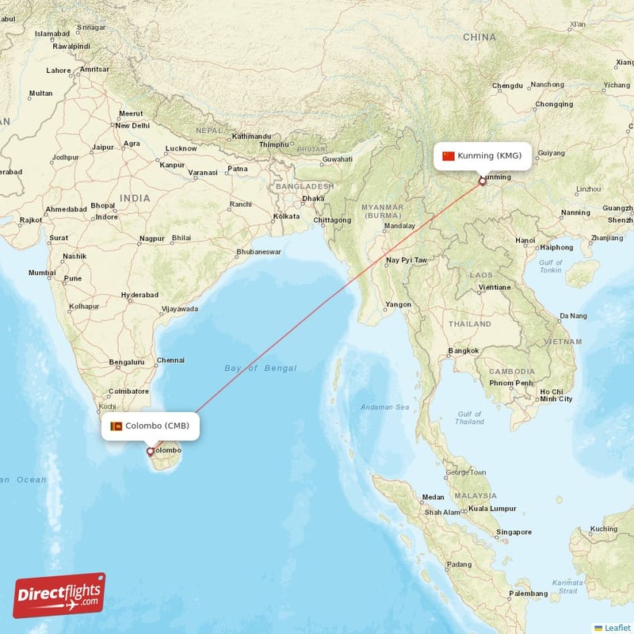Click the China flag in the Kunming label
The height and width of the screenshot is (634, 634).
(x=449, y=155)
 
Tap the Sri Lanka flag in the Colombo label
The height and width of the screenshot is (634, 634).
(x=116, y=426)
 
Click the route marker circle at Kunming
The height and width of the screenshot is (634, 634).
(x=482, y=181)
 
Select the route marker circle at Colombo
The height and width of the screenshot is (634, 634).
(x=150, y=452)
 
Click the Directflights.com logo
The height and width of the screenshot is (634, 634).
(x=59, y=595)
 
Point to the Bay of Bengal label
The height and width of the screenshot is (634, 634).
(x=260, y=368)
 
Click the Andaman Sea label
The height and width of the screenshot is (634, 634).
(x=384, y=407)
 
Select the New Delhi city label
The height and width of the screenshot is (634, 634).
(x=132, y=125)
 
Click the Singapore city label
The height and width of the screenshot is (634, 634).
(x=513, y=531)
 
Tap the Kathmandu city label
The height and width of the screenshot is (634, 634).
(x=251, y=136)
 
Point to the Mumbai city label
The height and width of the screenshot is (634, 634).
(x=42, y=273)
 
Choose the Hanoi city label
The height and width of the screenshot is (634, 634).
(x=525, y=240)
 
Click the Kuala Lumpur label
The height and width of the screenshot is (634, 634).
(x=492, y=508)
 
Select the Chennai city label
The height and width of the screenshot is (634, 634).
(x=170, y=360)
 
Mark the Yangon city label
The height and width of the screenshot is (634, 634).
(x=398, y=304)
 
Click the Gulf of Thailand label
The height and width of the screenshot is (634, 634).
(x=470, y=418)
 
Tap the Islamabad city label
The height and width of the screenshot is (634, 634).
(x=52, y=34)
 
